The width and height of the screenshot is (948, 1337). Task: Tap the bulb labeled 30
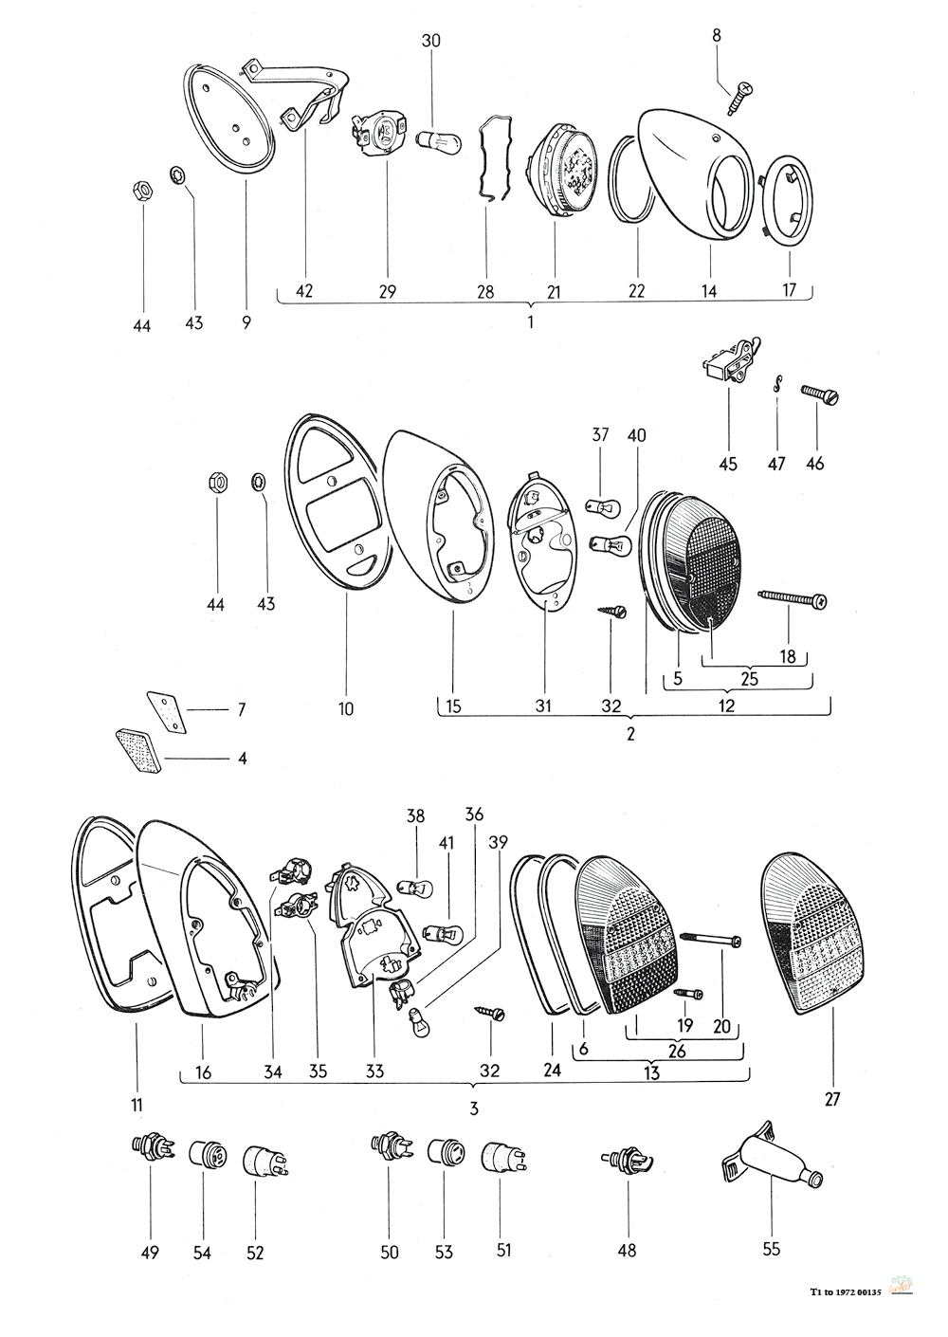tap(439, 140)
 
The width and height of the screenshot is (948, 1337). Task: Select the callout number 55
tap(771, 1249)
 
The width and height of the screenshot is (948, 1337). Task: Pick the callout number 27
tap(832, 1099)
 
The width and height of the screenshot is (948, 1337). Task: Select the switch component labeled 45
tap(732, 361)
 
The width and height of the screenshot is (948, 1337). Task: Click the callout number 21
tap(554, 292)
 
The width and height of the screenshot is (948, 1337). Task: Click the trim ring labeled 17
tap(789, 202)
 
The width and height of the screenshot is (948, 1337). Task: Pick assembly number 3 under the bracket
tap(473, 1108)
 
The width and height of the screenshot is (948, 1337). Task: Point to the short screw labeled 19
tap(685, 994)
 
